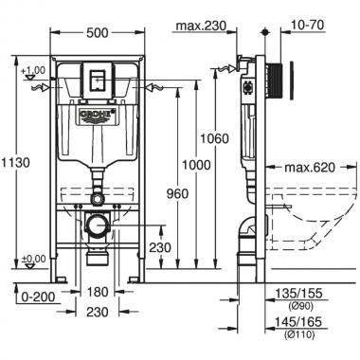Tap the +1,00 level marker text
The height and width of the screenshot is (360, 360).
pos(35,69)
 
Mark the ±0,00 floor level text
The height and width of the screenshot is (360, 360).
pos(35,259)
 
